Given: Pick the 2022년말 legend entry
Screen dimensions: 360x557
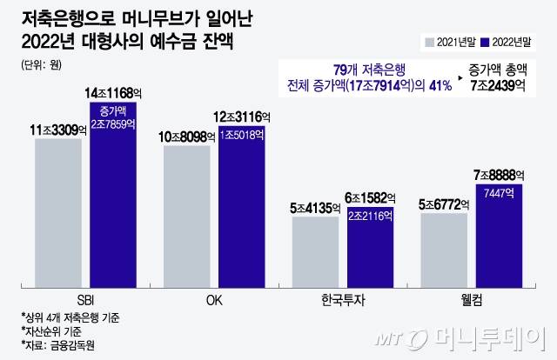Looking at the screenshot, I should pos(513,40).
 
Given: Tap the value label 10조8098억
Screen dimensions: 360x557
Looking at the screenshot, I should pos(191,136).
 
